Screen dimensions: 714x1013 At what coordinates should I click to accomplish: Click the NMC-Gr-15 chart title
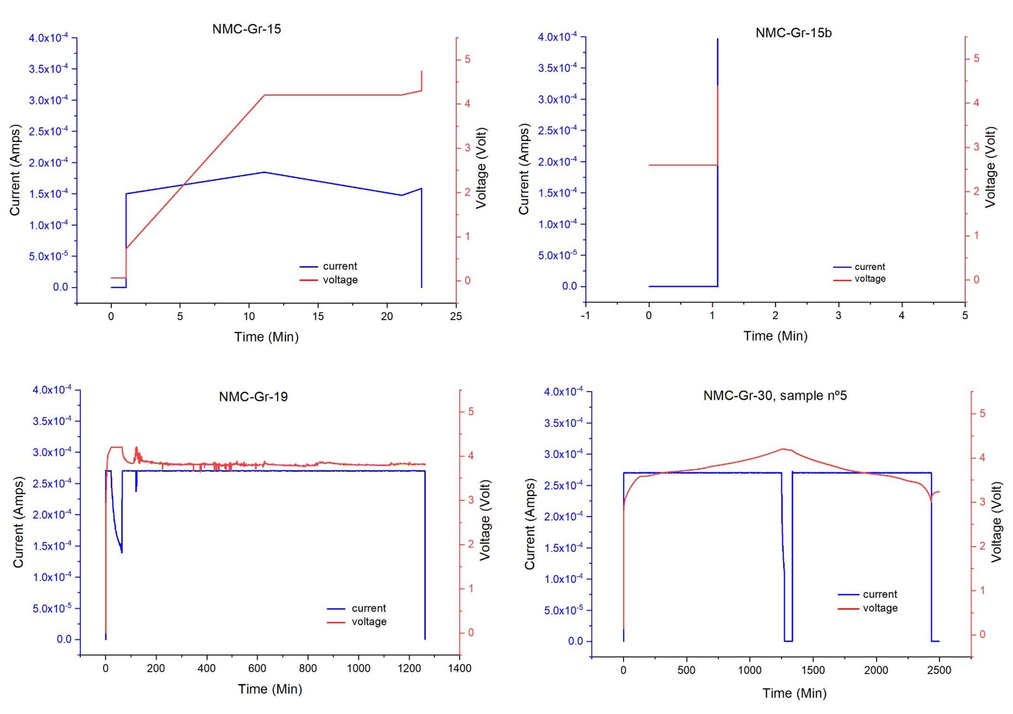[x=247, y=29]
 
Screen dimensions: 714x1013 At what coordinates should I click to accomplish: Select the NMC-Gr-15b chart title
[x=793, y=33]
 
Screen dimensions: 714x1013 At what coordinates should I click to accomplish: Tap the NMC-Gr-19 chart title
[x=253, y=397]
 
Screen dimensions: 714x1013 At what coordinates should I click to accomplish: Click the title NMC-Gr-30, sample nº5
[x=775, y=396]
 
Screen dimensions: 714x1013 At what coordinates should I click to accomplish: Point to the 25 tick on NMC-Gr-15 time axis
[x=456, y=316]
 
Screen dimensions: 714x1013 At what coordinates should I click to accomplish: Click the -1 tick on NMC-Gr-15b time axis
[x=585, y=315]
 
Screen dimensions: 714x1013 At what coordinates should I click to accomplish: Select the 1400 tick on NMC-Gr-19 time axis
[x=460, y=668]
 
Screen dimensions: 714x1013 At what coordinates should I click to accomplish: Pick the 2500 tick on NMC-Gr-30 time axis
[x=939, y=670]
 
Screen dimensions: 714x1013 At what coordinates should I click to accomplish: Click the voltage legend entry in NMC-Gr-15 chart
[x=340, y=280]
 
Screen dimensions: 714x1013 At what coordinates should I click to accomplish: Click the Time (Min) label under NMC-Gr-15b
[x=775, y=336]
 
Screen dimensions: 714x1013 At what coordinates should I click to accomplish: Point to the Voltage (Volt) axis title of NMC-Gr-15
[x=481, y=168]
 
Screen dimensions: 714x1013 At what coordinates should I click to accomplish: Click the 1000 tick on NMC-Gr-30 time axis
[x=750, y=670]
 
